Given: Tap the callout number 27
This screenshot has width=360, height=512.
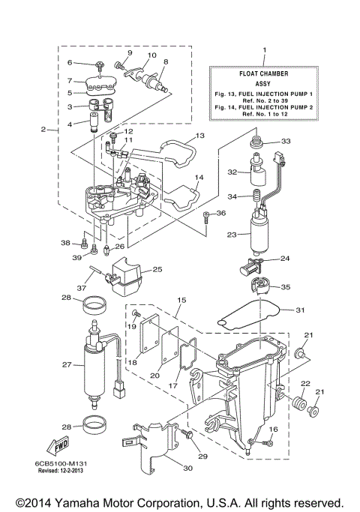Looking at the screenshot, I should coord(67,365).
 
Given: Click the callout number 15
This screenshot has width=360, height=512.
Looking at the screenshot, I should coord(180,300).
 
